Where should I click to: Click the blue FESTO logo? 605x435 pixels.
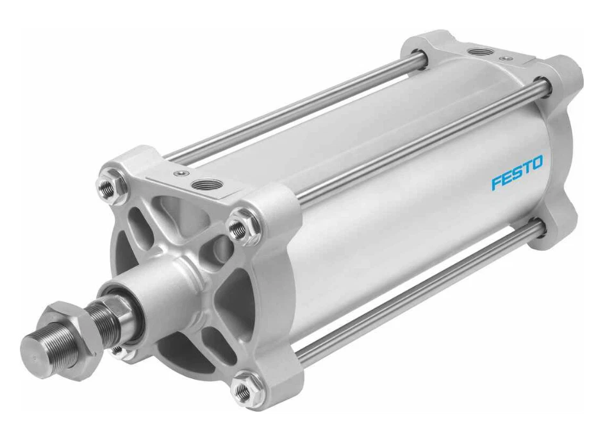click(x=517, y=173)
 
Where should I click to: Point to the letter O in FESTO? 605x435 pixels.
click(x=536, y=163)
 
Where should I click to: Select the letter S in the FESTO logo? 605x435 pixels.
click(x=517, y=173)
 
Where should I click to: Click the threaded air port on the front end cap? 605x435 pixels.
click(x=210, y=186)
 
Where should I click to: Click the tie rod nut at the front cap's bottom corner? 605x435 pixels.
click(x=244, y=388)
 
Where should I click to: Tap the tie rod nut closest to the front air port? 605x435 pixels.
click(x=240, y=226)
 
